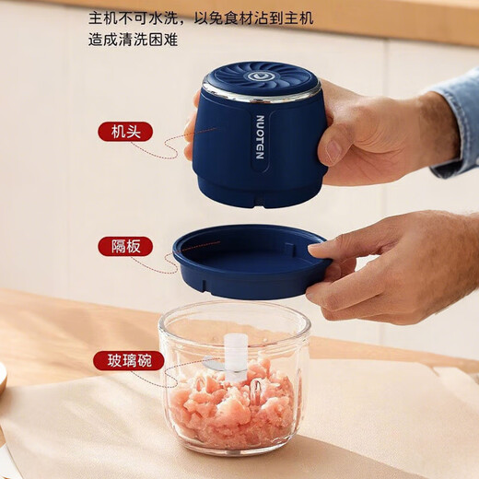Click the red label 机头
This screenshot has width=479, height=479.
pos(125,132)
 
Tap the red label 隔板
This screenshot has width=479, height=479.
pos(125,246)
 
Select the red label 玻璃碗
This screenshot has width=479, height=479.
pos(128,360)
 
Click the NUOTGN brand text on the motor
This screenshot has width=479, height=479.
pos(259,138)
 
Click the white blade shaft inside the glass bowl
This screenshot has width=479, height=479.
pos(237,356)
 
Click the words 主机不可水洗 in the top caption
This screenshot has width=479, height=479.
pos(134,18)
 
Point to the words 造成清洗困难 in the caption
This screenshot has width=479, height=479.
pos(134,39)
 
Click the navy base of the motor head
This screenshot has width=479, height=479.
pos(261,193)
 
